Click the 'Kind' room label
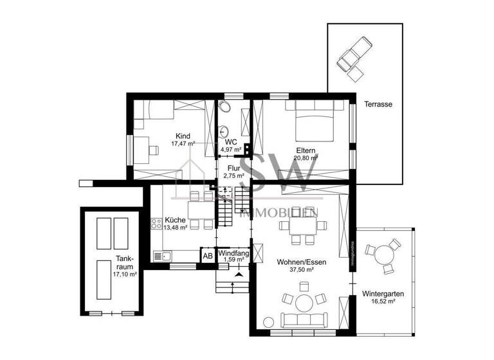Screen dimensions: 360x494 pos(183,136)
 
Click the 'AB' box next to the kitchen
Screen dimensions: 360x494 pos(208,256)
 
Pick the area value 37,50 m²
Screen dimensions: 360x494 pos(295,271)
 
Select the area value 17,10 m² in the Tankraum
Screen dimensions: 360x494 pos(125,274)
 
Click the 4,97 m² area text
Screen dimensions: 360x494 pos(231,149)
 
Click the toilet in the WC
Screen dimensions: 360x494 pos(245,121)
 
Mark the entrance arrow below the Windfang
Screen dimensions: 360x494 pos(240,274)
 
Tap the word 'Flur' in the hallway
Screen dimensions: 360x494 pos(234,168)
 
